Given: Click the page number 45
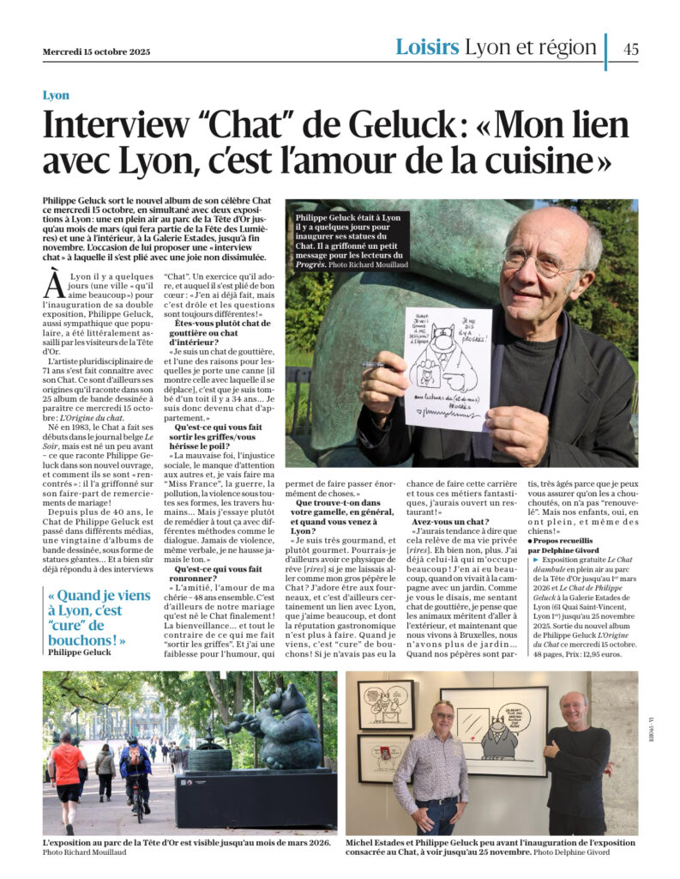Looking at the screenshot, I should (630, 49).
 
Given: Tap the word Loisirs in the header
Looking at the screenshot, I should (427, 48).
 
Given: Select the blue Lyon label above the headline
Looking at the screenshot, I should (56, 95).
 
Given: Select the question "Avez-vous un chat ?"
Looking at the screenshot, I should (450, 521).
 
